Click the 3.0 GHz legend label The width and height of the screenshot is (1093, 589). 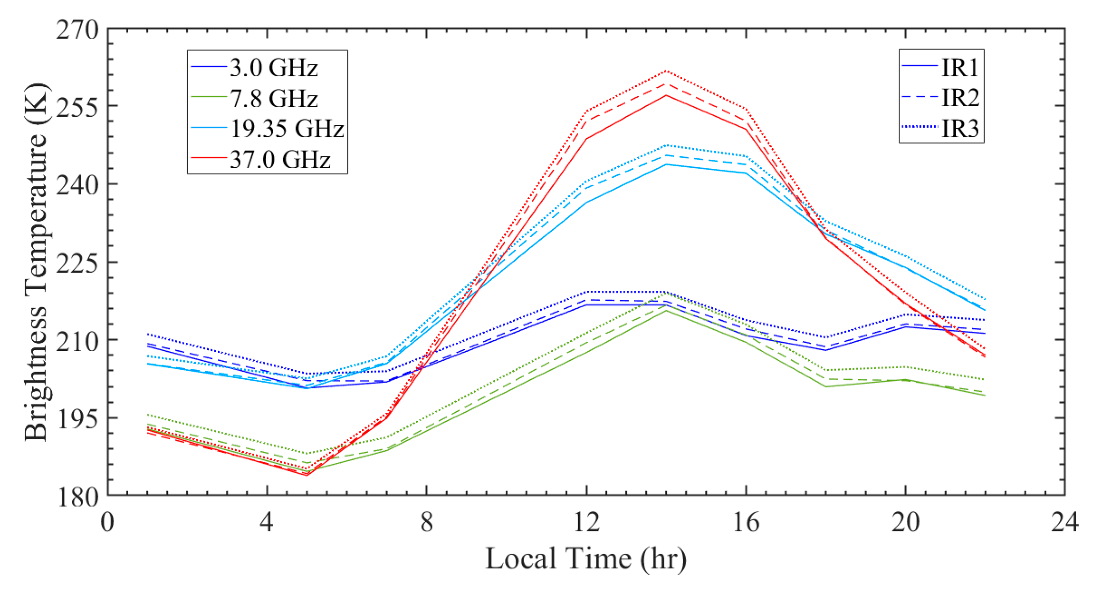pos(273,68)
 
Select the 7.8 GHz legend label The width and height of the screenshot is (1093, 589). pos(273,98)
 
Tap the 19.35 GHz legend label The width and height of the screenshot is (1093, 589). pos(287,129)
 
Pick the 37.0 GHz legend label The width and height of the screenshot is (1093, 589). pos(280,159)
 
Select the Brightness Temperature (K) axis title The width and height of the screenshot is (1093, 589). pos(36,262)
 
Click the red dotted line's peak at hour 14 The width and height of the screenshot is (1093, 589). pos(666,71)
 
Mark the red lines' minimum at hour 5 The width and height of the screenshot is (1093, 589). pos(306,474)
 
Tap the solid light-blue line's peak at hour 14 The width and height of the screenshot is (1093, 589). pos(666,164)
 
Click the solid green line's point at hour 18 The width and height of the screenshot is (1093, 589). pos(825,386)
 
